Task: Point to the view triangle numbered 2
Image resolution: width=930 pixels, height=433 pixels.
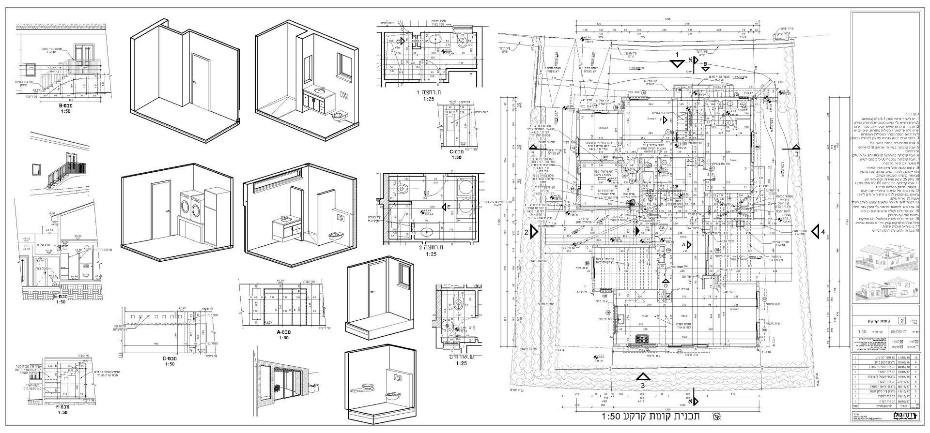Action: [x=534, y=232]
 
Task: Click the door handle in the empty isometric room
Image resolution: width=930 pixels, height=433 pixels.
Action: [x=194, y=83]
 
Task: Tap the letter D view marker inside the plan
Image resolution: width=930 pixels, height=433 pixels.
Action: [x=666, y=285]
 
